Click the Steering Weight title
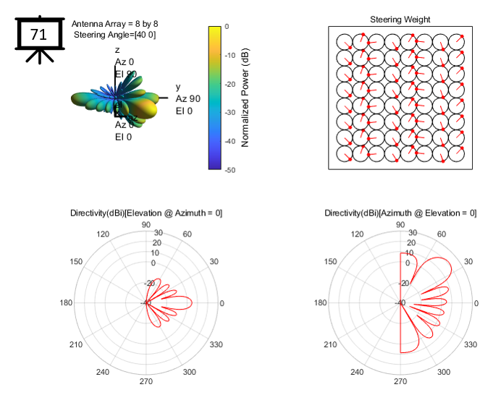pyautogui.click(x=400, y=19)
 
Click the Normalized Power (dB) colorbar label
pyautogui.click(x=245, y=98)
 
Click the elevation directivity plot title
pyautogui.click(x=146, y=213)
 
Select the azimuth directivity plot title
pyautogui.click(x=400, y=213)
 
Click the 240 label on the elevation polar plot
pyautogui.click(x=102, y=373)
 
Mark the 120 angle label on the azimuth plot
pyautogui.click(x=357, y=234)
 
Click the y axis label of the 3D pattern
pyautogui.click(x=178, y=87)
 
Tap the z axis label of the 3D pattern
pyautogui.click(x=117, y=50)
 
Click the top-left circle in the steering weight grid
pyautogui.click(x=345, y=41)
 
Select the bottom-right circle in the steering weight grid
pyautogui.click(x=457, y=153)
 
